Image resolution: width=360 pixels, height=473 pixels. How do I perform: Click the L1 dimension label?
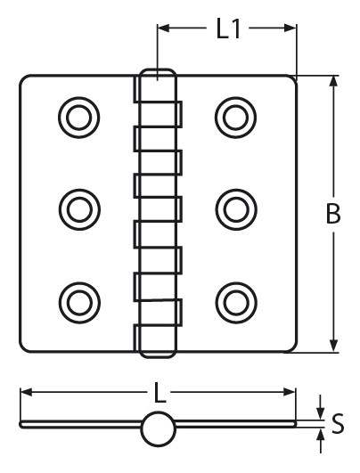pyautogui.click(x=228, y=29)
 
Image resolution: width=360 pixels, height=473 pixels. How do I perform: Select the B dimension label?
pyautogui.click(x=333, y=214)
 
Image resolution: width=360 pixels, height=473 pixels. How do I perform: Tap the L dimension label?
pyautogui.click(x=160, y=392)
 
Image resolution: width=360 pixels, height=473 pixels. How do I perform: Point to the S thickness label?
pyautogui.click(x=338, y=423)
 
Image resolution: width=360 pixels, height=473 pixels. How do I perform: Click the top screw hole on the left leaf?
pyautogui.click(x=78, y=118)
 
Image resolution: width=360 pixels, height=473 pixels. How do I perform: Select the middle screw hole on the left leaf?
pyautogui.click(x=79, y=209)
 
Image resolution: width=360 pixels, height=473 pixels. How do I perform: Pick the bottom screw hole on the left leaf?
pyautogui.click(x=79, y=303)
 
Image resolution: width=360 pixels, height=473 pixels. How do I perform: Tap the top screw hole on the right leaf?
pyautogui.click(x=235, y=118)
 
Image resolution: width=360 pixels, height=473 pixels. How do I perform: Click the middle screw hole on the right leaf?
pyautogui.click(x=236, y=209)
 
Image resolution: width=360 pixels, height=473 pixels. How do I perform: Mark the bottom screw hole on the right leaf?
pyautogui.click(x=236, y=303)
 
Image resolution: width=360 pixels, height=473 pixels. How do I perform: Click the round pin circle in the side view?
pyautogui.click(x=158, y=428)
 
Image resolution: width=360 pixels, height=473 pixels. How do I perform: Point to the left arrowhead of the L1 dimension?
pyautogui.click(x=163, y=29)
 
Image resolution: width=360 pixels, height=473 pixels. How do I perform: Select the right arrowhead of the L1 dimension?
pyautogui.click(x=290, y=29)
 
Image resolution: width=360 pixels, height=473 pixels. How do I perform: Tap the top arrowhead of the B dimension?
pyautogui.click(x=333, y=81)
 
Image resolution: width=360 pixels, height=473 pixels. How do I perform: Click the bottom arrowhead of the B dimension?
pyautogui.click(x=333, y=346)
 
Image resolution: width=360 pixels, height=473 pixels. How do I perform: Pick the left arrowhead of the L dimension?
pyautogui.click(x=26, y=392)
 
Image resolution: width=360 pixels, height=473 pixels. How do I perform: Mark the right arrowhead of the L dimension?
pyautogui.click(x=290, y=392)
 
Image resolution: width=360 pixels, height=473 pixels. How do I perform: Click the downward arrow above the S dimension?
pyautogui.click(x=321, y=408)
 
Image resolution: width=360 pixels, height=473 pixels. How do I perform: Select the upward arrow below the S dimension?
pyautogui.click(x=321, y=440)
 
